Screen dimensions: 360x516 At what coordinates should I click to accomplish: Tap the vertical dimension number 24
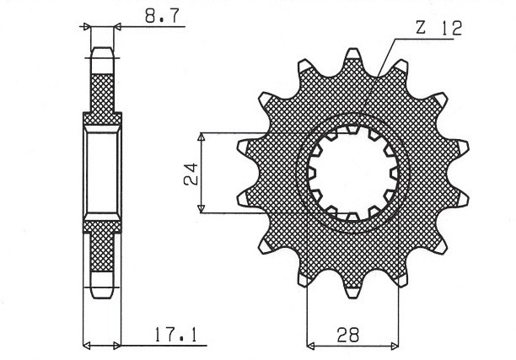pos(191,173)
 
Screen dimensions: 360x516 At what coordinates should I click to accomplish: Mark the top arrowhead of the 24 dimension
pos(202,137)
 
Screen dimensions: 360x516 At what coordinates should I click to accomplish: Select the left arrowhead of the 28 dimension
pos(311,345)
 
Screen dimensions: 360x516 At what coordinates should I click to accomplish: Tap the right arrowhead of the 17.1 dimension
pos(117,345)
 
